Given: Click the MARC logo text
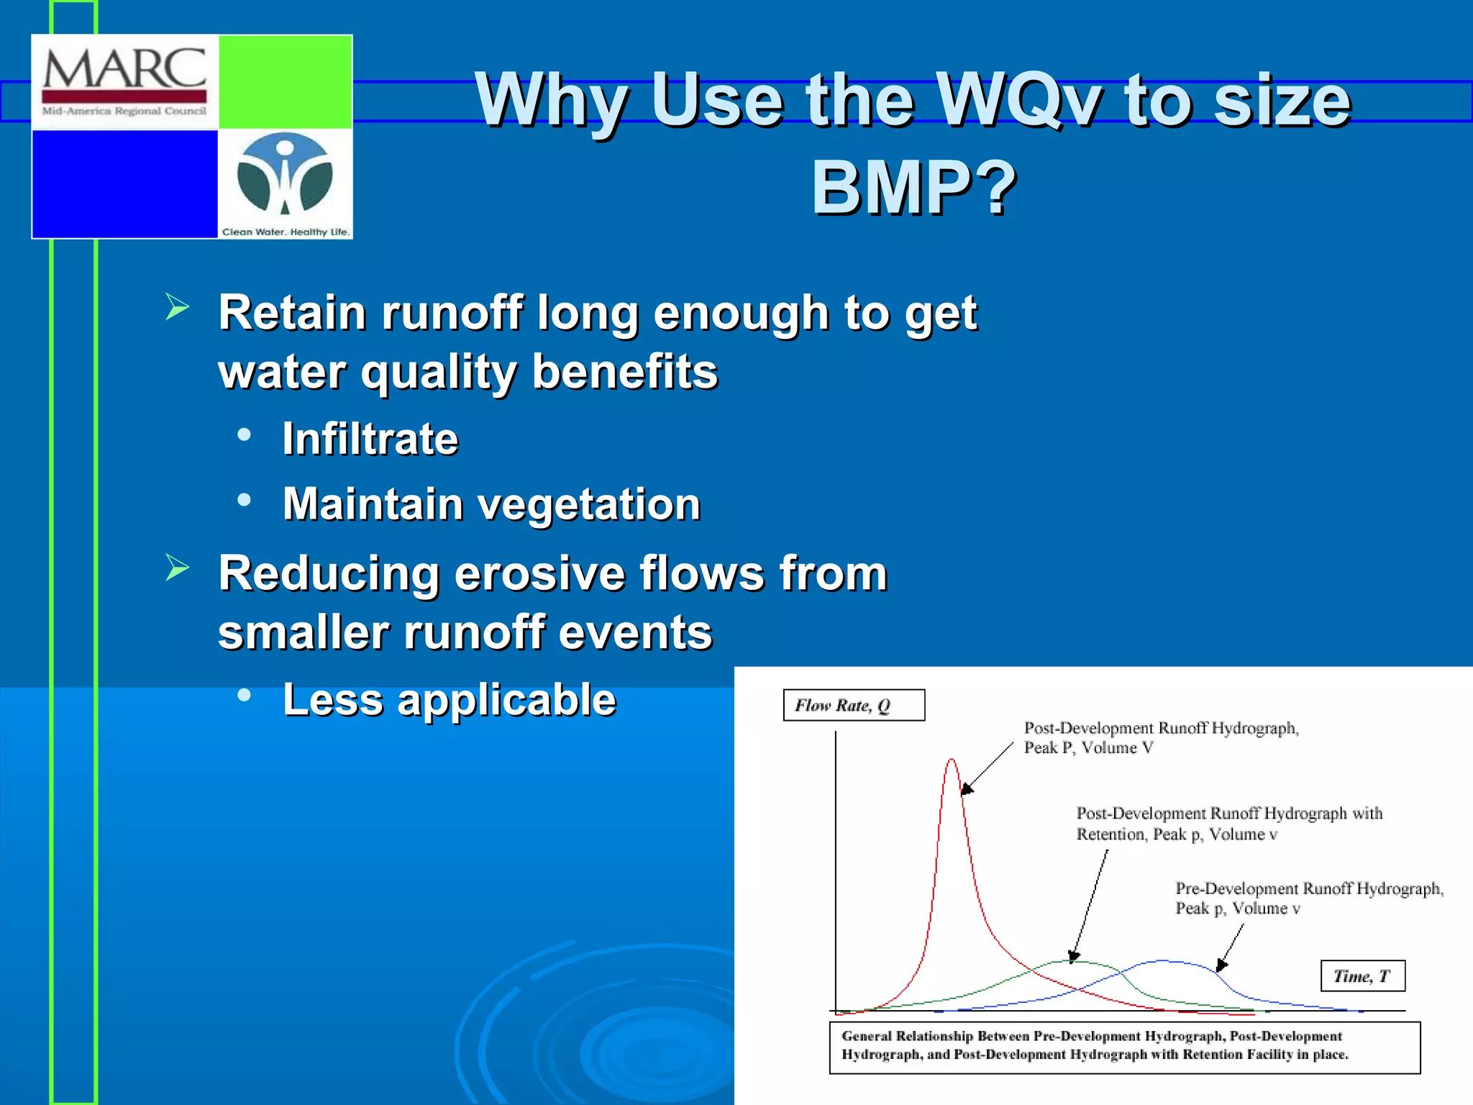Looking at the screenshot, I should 124,70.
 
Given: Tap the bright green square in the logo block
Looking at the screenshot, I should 285,82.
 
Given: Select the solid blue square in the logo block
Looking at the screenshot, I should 125,183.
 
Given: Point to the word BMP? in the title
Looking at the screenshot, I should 914,188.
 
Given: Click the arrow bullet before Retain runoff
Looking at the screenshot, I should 177,307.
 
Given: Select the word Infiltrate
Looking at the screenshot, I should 370,439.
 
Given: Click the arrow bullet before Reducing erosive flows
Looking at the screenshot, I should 177,568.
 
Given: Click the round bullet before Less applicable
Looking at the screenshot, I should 245,695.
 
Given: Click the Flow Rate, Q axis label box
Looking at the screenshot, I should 853,706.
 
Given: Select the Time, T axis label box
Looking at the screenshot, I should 1362,976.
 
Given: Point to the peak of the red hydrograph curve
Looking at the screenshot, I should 952,760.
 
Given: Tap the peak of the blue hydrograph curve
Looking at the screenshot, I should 1167,960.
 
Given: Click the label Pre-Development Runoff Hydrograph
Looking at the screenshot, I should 1308,889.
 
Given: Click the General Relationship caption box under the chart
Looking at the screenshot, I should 1124,1047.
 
